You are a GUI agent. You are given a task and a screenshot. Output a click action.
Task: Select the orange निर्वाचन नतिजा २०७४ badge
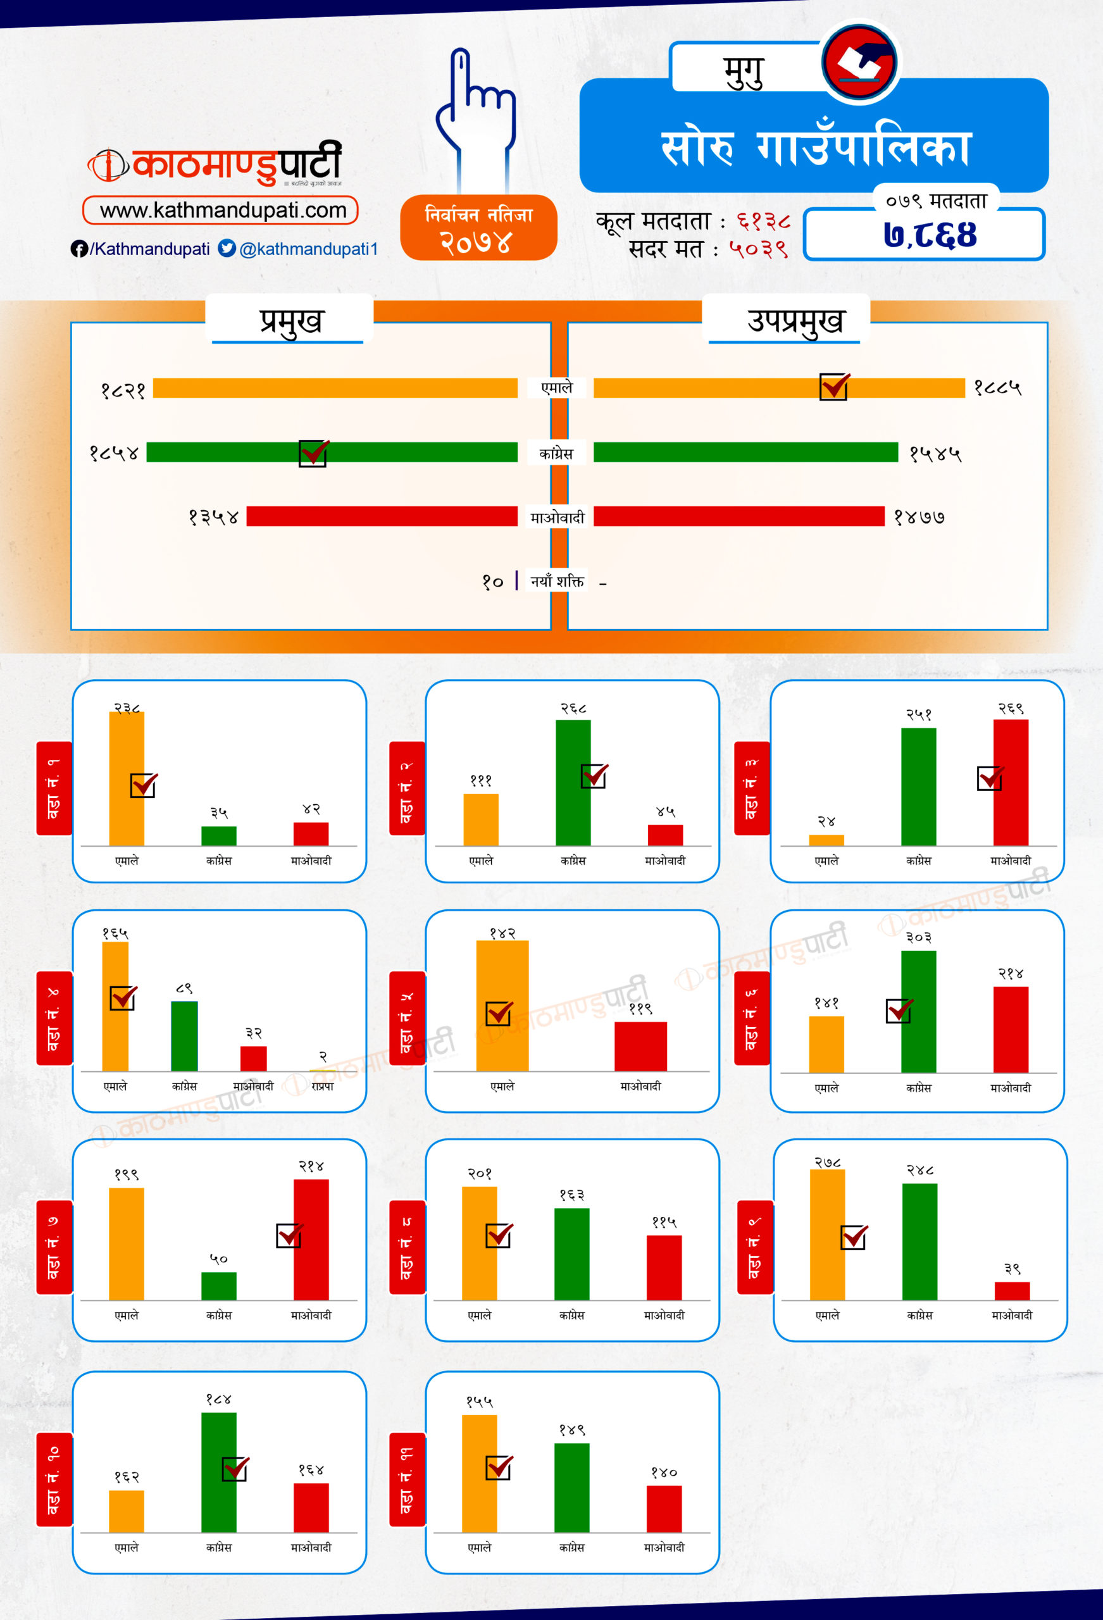pyautogui.click(x=478, y=228)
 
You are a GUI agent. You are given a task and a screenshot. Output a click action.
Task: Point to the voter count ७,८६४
pyautogui.click(x=930, y=235)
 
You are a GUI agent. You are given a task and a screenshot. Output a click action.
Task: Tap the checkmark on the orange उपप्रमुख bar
pyautogui.click(x=835, y=386)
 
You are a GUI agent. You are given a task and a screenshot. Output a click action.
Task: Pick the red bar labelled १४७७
pyautogui.click(x=738, y=516)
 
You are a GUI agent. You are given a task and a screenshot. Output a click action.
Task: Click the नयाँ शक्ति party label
pyautogui.click(x=556, y=581)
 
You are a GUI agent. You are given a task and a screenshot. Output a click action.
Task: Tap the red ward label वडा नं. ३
pyautogui.click(x=752, y=788)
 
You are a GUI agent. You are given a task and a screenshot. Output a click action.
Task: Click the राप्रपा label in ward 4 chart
pyautogui.click(x=322, y=1086)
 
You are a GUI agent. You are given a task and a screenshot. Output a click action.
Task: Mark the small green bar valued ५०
pyautogui.click(x=218, y=1286)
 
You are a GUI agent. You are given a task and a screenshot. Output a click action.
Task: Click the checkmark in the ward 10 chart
pyautogui.click(x=235, y=1469)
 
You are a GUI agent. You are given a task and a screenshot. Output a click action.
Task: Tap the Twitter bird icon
pyautogui.click(x=227, y=248)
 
